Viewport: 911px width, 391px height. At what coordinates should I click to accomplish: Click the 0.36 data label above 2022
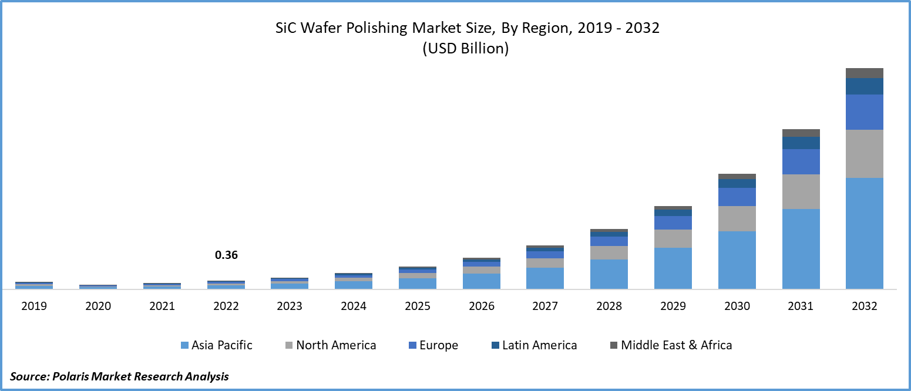(x=226, y=255)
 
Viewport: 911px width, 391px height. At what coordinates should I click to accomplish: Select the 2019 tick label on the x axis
(x=34, y=306)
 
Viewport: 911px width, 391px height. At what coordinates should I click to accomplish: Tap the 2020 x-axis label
(x=98, y=306)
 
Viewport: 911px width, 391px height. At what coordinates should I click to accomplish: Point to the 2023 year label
(x=290, y=306)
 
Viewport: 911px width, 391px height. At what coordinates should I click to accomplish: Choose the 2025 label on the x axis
(x=417, y=306)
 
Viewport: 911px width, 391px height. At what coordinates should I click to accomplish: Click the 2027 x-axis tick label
(x=544, y=306)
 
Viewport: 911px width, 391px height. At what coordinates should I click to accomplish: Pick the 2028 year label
(x=609, y=306)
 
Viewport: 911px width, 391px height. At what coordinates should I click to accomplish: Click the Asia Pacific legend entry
(x=216, y=345)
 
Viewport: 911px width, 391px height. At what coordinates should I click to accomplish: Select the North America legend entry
(x=330, y=345)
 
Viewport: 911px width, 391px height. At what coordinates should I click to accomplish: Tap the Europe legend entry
(x=432, y=345)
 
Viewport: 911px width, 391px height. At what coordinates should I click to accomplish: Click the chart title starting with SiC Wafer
(x=468, y=28)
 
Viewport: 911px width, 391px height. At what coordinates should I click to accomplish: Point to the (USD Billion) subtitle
(x=465, y=49)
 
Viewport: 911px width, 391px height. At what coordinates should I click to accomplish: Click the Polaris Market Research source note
(x=119, y=376)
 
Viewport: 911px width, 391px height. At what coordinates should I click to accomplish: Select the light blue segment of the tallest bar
(x=864, y=233)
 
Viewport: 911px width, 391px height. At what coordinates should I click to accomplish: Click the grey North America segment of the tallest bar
(x=864, y=154)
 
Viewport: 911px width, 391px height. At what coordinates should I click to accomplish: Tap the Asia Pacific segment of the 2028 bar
(x=609, y=274)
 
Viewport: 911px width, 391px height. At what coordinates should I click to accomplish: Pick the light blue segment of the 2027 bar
(x=544, y=278)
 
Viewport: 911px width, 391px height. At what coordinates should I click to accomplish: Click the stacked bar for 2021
(x=162, y=286)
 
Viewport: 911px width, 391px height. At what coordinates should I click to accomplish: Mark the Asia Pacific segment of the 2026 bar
(x=481, y=281)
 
